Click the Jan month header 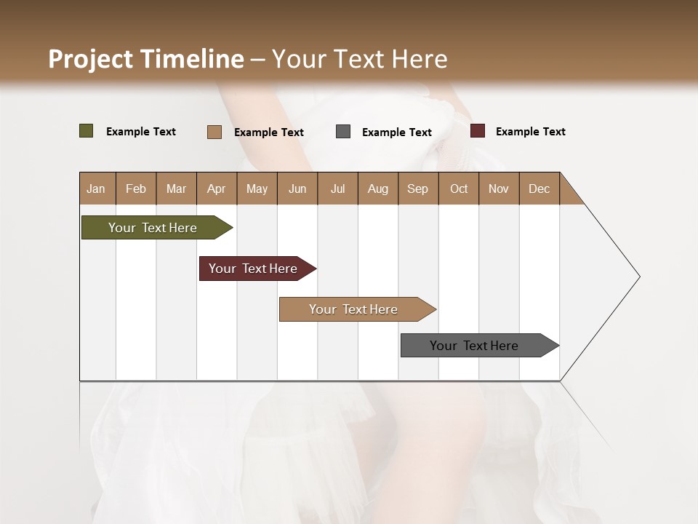tap(96, 188)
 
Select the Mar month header tap(176, 188)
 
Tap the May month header tap(257, 188)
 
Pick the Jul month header tap(337, 188)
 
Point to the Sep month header tap(417, 188)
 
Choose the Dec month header tap(539, 188)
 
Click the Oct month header tap(459, 188)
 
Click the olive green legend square tap(87, 131)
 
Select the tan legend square tap(214, 132)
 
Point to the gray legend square tap(343, 132)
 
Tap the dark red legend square tap(478, 131)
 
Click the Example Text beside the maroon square tap(530, 132)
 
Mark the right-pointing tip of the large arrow tap(638, 277)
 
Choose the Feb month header tap(136, 188)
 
